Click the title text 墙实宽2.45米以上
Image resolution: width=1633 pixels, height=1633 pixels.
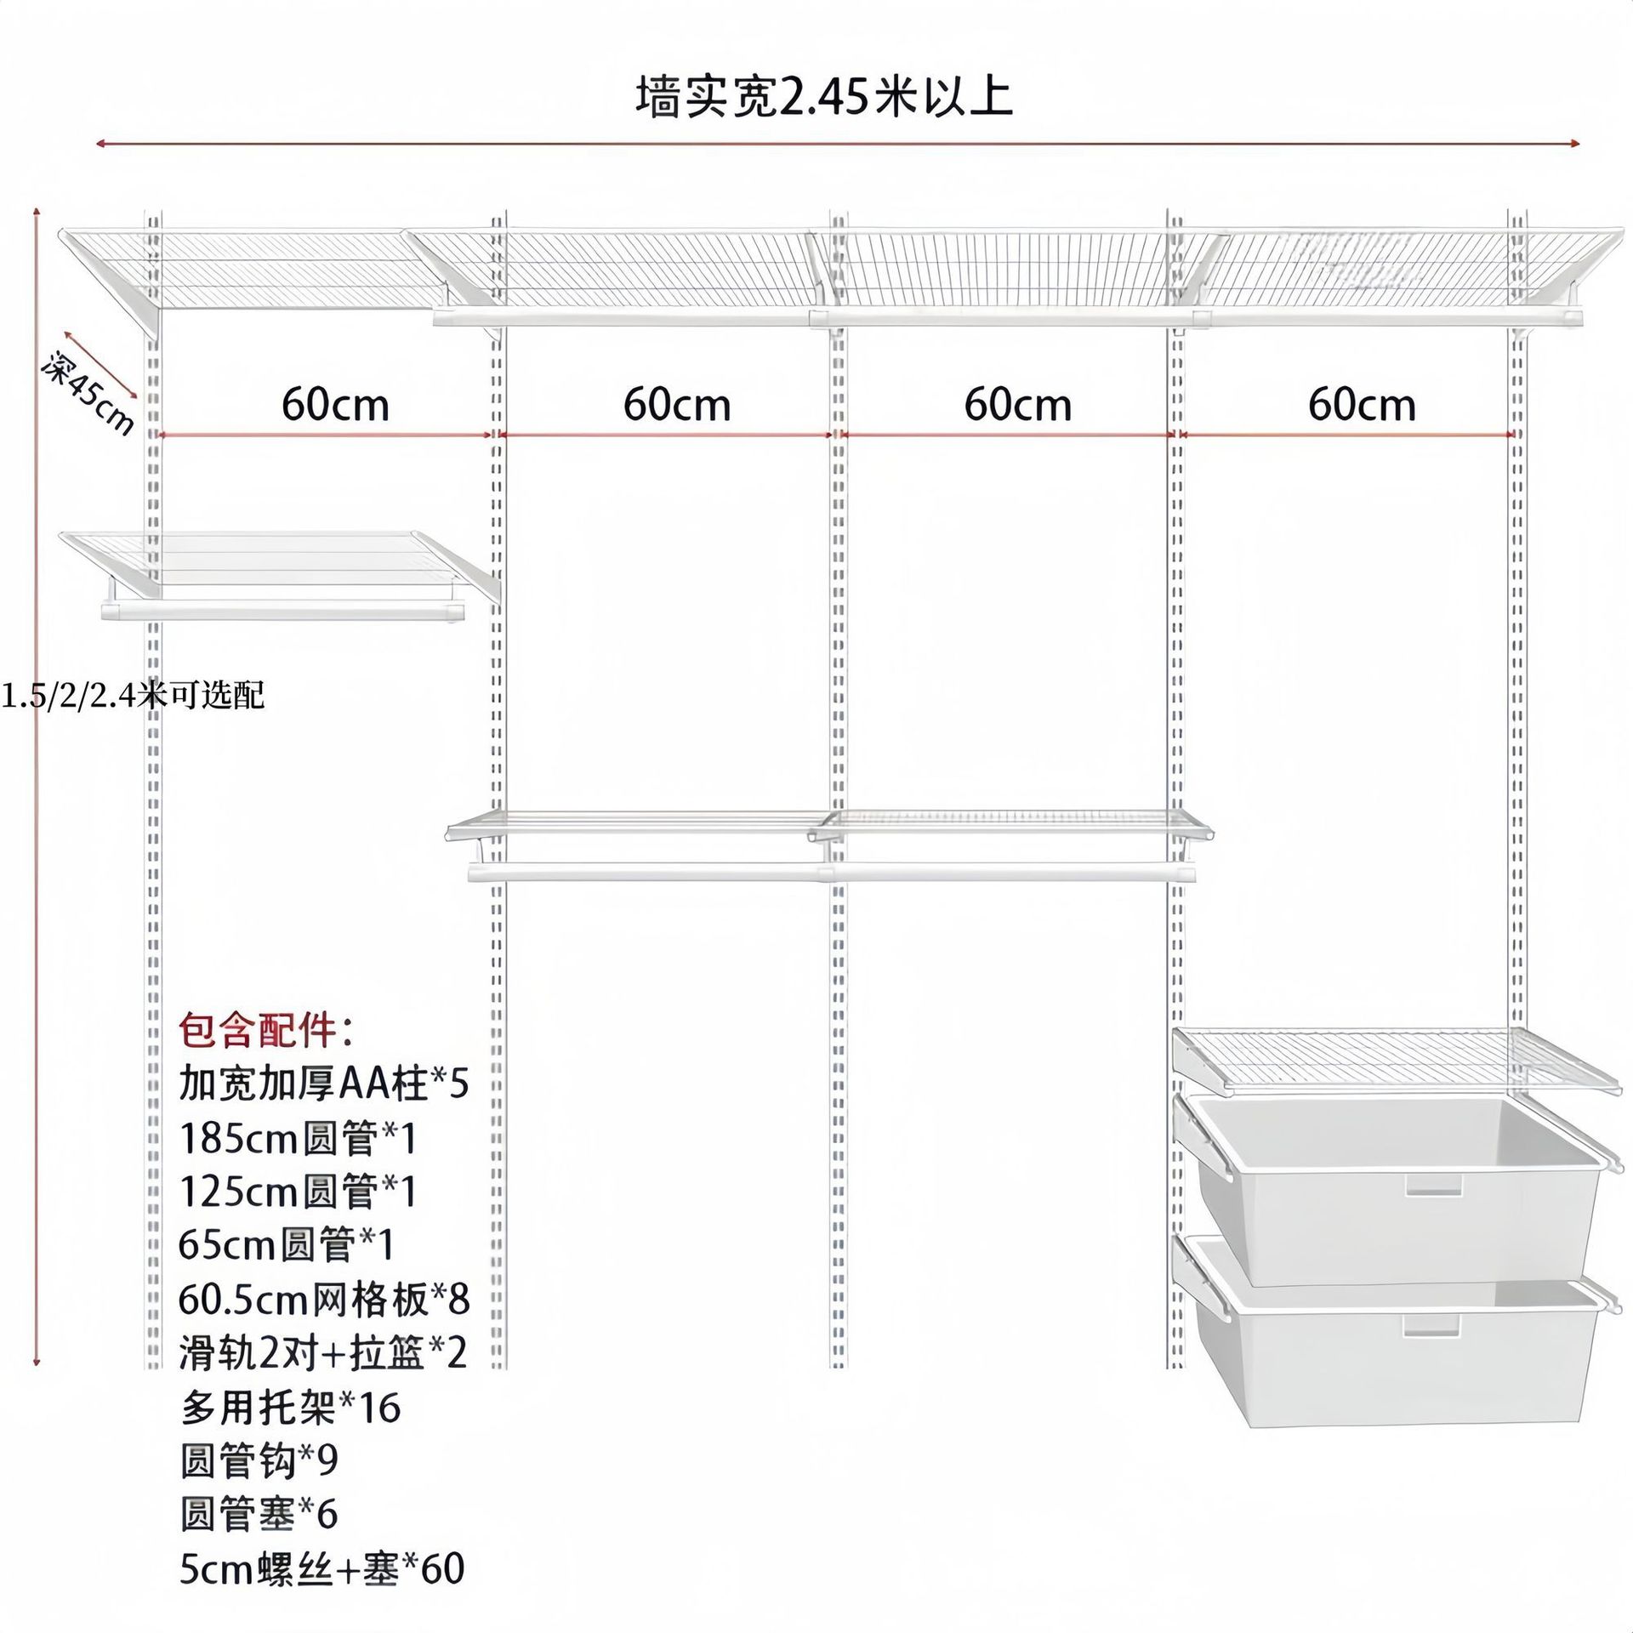pos(823,97)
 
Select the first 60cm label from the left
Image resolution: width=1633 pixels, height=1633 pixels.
pos(335,405)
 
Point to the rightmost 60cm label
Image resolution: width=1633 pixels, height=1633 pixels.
pos(1361,405)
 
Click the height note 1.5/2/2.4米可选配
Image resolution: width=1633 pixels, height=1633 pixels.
pos(133,696)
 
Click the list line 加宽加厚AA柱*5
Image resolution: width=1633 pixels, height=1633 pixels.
pos(323,1084)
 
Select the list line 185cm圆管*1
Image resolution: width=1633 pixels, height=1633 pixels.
pos(298,1139)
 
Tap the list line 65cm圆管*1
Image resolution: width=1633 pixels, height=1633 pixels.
pos(286,1246)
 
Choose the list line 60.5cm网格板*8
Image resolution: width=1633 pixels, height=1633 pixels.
pos(323,1300)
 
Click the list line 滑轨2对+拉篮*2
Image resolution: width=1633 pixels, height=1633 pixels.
pos(323,1352)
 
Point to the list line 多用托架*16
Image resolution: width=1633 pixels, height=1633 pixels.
pos(289,1408)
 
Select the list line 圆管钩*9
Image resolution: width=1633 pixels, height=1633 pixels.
pos(259,1461)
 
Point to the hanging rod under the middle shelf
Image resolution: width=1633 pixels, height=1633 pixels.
pos(832,873)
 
